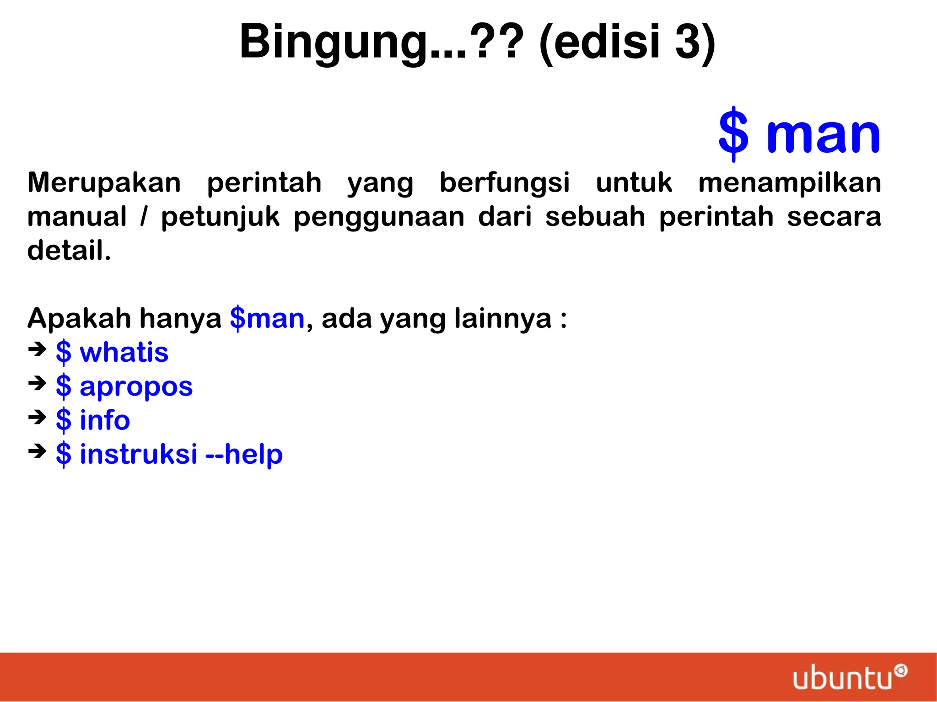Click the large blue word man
(823, 134)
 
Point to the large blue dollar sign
(733, 134)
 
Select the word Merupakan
(104, 182)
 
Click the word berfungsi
(505, 182)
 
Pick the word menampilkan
(790, 182)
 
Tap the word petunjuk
(220, 217)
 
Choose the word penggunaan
(379, 217)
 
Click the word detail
(69, 251)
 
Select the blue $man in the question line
(267, 318)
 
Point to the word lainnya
(503, 318)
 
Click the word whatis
(124, 353)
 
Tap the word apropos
(136, 387)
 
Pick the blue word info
(105, 420)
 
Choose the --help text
(244, 454)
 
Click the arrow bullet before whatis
(38, 350)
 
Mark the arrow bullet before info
(38, 417)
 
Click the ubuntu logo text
(842, 678)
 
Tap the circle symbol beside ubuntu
(901, 671)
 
